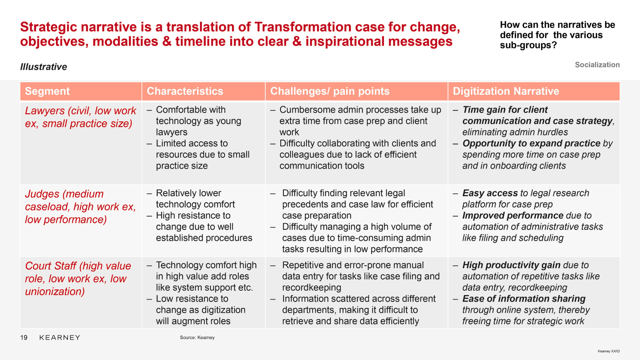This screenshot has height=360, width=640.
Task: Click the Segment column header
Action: [x=47, y=91]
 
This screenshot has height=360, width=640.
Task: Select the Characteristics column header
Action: [x=185, y=91]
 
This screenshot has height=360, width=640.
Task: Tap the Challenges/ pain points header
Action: [x=330, y=91]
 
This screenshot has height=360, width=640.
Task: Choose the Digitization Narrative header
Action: [x=506, y=91]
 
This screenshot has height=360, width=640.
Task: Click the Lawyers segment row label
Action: [x=81, y=117]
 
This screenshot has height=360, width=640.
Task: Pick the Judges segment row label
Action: [x=80, y=207]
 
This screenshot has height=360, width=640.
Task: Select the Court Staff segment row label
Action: [x=78, y=279]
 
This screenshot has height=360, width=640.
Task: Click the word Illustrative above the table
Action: [x=44, y=67]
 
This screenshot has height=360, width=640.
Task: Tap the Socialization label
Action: [x=597, y=65]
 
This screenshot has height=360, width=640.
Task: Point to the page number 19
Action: [x=24, y=338]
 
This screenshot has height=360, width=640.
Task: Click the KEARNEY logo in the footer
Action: [x=60, y=338]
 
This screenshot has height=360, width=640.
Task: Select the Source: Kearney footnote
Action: [x=197, y=338]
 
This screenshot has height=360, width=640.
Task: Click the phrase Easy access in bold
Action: [x=490, y=193]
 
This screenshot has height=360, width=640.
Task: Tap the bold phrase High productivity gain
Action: [x=511, y=265]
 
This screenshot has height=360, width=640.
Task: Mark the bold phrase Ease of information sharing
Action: [x=524, y=299]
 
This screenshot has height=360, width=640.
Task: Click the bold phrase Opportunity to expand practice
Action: [x=531, y=143]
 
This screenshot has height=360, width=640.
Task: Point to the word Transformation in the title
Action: [x=302, y=27]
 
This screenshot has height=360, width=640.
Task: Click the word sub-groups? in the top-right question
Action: [x=528, y=45]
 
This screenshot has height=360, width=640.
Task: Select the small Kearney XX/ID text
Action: [x=609, y=351]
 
